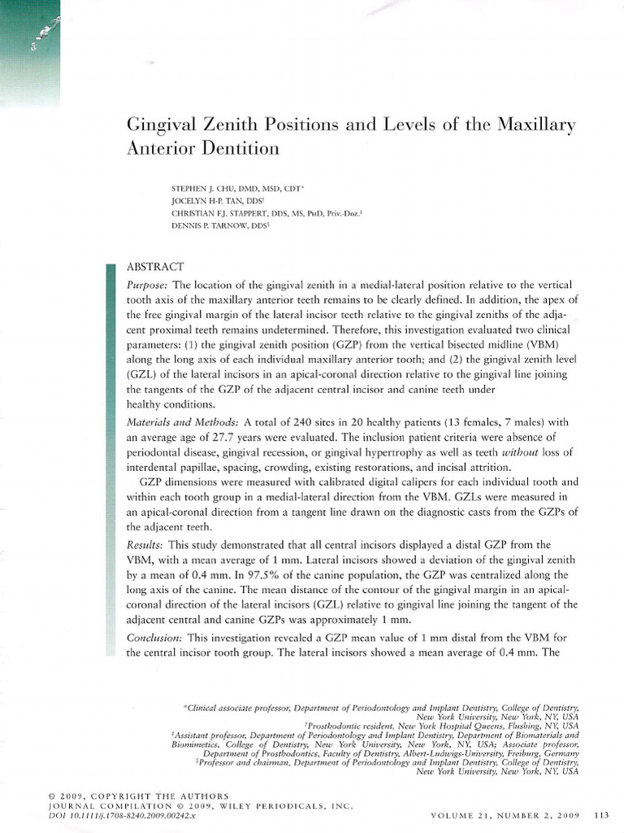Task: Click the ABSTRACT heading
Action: click(x=156, y=267)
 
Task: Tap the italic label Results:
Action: click(x=146, y=543)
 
